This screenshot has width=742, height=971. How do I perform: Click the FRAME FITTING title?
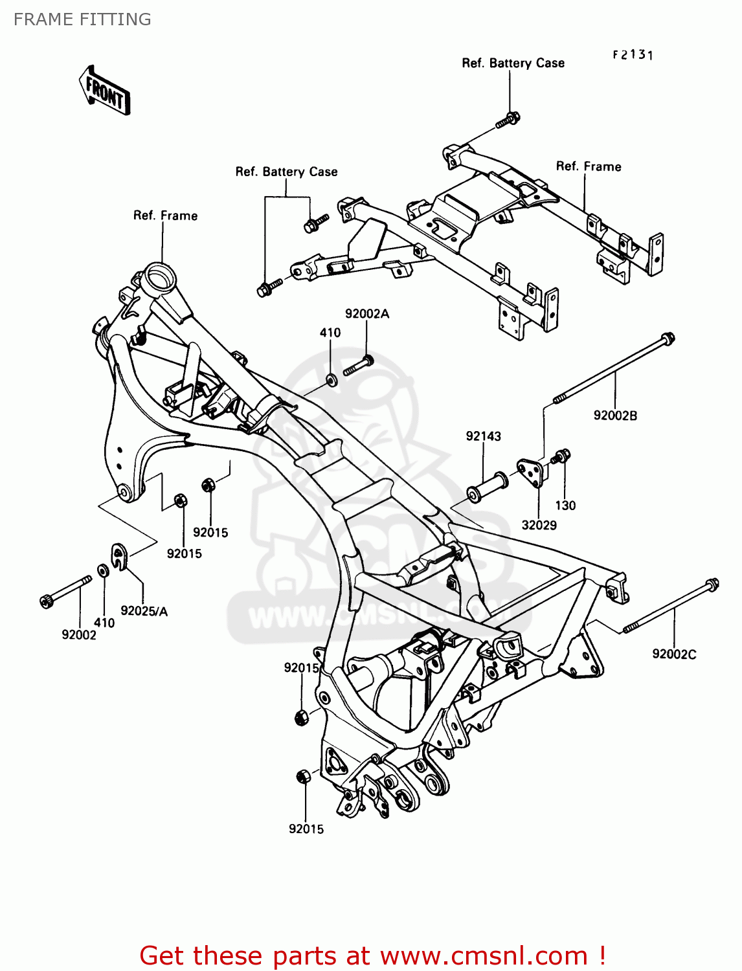click(x=82, y=19)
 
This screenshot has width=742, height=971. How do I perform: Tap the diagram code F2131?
click(x=633, y=55)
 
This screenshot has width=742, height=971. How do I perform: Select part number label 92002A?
click(x=367, y=314)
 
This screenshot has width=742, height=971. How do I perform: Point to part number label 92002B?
click(x=615, y=416)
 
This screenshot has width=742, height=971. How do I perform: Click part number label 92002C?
click(x=674, y=654)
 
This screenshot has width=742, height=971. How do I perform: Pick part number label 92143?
click(x=483, y=436)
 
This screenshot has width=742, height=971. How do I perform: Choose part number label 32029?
click(x=539, y=525)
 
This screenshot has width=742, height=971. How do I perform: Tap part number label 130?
click(x=565, y=506)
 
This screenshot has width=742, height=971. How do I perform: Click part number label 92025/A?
click(x=144, y=611)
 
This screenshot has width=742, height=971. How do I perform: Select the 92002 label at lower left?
click(x=79, y=635)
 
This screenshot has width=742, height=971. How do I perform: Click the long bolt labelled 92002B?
click(x=612, y=369)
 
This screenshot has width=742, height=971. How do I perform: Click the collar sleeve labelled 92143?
click(x=487, y=487)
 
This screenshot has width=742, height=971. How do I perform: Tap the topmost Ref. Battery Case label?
click(x=513, y=63)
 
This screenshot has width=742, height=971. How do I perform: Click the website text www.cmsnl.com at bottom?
click(x=484, y=955)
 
